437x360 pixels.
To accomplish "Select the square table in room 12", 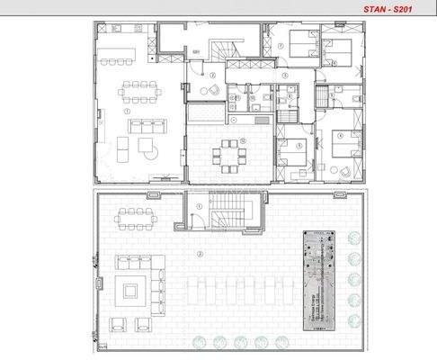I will pos(228,155).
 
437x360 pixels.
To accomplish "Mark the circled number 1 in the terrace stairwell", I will pos(200,206).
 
